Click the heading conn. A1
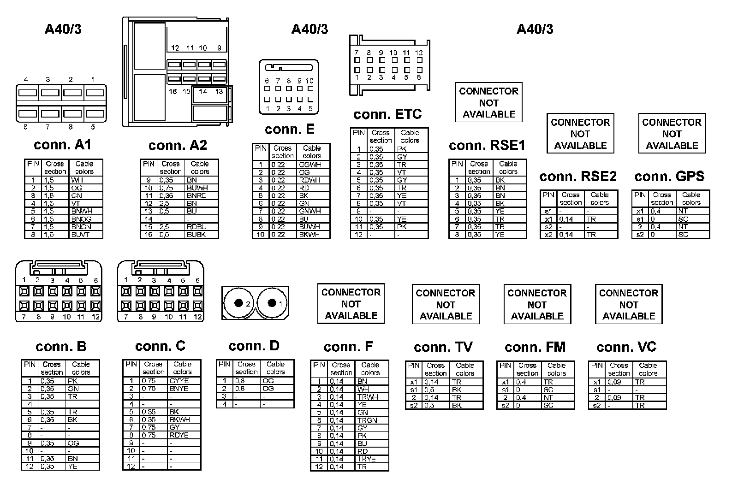click(62, 145)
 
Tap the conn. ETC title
click(387, 114)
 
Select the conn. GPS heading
click(669, 176)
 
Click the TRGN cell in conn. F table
click(367, 420)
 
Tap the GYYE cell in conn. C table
click(179, 381)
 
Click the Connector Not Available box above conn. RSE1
click(488, 102)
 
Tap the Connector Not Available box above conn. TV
click(445, 304)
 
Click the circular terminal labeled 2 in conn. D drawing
click(238, 303)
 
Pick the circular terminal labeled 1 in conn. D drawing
click(272, 303)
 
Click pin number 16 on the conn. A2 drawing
click(173, 91)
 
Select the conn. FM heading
click(535, 347)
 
